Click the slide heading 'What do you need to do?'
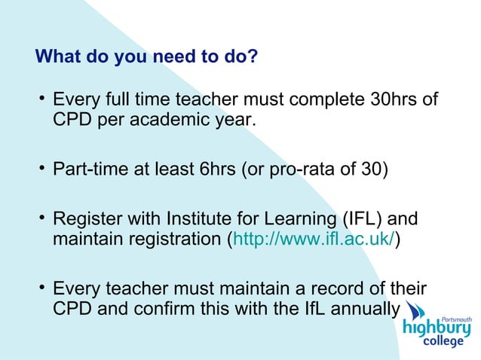click(147, 57)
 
